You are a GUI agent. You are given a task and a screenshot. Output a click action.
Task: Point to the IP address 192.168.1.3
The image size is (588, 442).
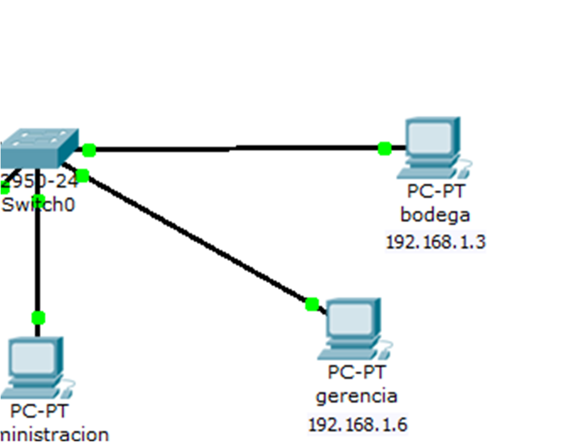tap(436, 242)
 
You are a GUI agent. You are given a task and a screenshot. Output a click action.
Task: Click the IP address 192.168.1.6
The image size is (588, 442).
tap(358, 424)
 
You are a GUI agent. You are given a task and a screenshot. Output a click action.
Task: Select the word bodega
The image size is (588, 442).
tap(435, 215)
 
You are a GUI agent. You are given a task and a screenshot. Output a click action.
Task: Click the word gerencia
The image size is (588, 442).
tap(357, 396)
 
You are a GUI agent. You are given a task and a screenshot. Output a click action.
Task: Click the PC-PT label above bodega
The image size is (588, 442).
tap(436, 192)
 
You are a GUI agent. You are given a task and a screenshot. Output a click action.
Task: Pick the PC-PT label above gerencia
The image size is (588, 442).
tap(357, 373)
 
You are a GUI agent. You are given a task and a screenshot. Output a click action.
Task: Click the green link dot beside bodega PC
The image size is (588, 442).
tap(384, 148)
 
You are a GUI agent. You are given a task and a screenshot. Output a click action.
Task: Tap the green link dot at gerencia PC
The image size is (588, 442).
tap(312, 304)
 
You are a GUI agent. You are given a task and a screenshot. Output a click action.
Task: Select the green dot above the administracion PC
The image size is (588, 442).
tap(38, 317)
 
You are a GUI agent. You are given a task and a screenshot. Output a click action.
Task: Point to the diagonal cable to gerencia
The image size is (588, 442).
tap(199, 241)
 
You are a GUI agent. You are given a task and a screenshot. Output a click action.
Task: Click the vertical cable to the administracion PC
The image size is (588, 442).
tap(37, 259)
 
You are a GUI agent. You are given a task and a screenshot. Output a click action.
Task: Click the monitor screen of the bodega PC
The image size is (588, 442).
tap(430, 137)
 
